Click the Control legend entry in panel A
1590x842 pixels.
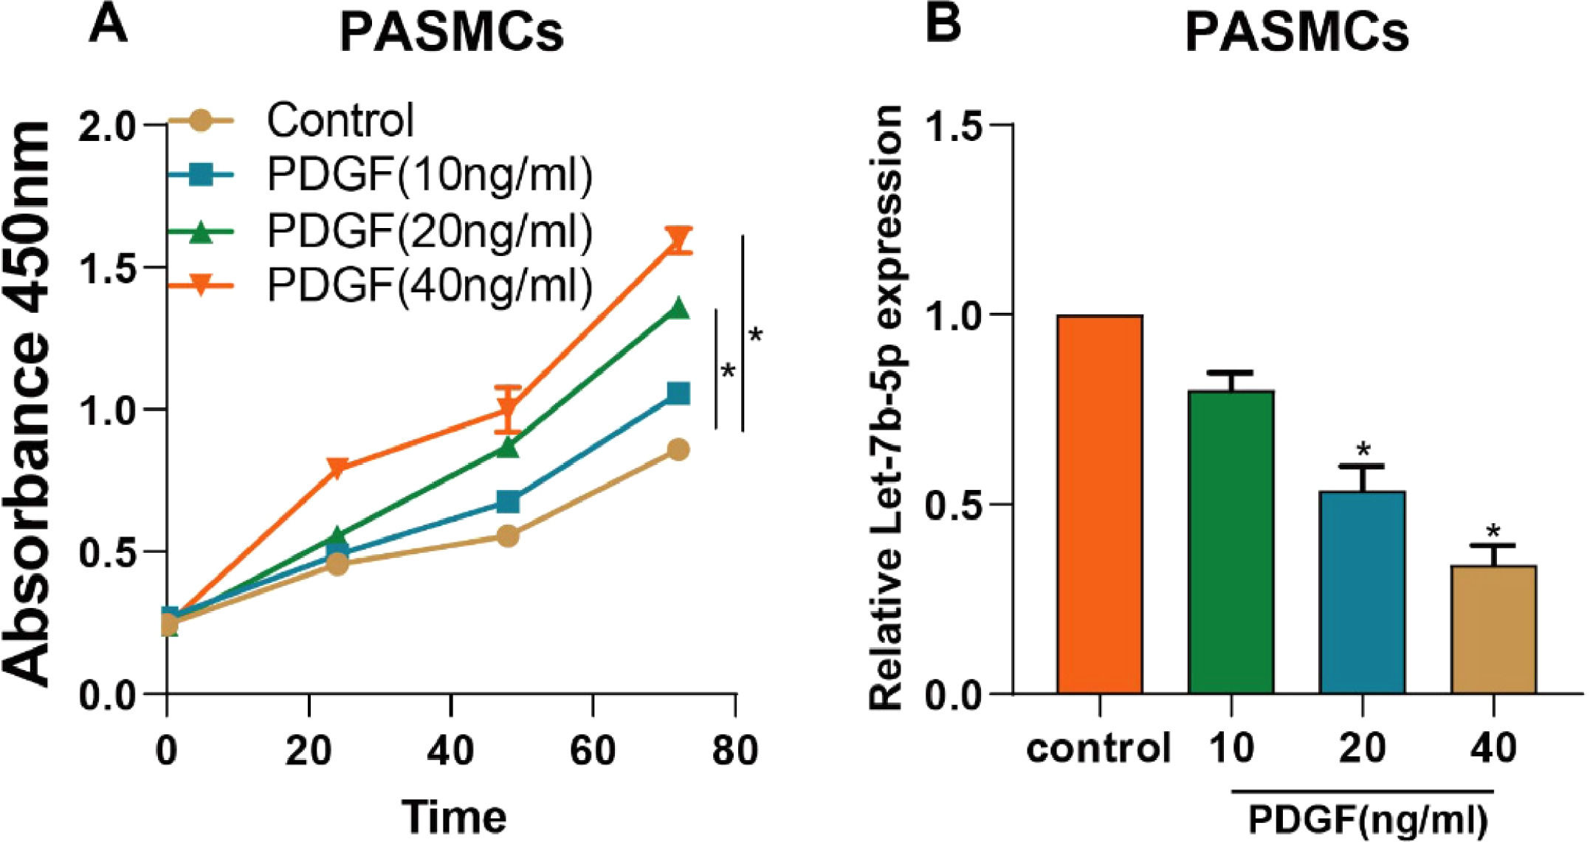(x=340, y=120)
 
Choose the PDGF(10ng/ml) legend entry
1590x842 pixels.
(x=429, y=175)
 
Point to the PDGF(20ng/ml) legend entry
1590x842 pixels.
(x=429, y=230)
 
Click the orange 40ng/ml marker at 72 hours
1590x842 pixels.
(x=678, y=241)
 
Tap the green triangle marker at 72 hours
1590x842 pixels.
(x=678, y=308)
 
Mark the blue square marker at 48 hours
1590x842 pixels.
(x=508, y=503)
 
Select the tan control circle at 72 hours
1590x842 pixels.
(x=678, y=449)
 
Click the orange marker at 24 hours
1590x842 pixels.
(x=337, y=468)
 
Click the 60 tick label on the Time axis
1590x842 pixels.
(x=593, y=750)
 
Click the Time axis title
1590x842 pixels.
(x=454, y=816)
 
